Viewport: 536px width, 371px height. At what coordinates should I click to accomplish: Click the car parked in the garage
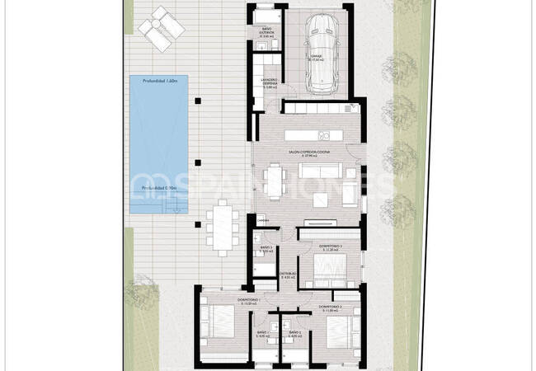tap(318, 53)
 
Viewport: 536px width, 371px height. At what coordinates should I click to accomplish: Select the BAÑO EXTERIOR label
tap(266, 35)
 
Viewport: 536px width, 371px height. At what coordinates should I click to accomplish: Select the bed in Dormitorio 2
tap(337, 329)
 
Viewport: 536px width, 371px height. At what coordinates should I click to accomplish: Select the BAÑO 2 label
tap(294, 335)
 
